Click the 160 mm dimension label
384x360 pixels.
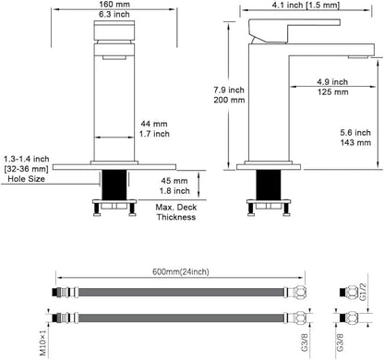tap(114, 5)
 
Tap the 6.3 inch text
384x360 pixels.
tap(114, 14)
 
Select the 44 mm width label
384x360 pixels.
tap(154, 124)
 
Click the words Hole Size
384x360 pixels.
tap(26, 179)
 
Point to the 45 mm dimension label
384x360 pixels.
tap(174, 181)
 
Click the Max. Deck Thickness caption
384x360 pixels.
tap(176, 212)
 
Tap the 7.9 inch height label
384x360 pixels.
tap(229, 90)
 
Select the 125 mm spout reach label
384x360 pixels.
tap(333, 91)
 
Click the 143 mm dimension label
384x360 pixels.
tap(355, 142)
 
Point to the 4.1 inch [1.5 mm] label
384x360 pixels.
tap(306, 5)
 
